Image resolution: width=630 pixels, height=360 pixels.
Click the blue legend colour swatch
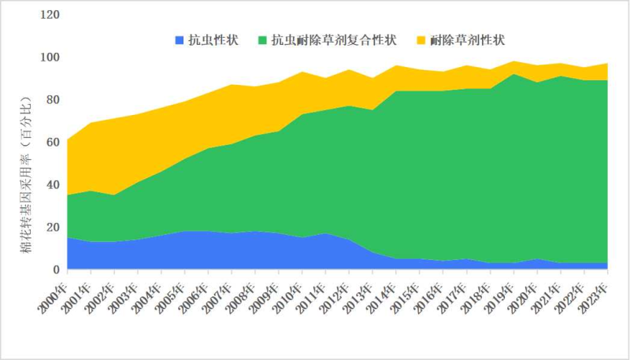tap(179, 39)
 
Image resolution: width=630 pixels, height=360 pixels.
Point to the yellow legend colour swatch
tap(421, 39)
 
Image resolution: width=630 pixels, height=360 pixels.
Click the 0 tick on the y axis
tap(54, 270)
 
